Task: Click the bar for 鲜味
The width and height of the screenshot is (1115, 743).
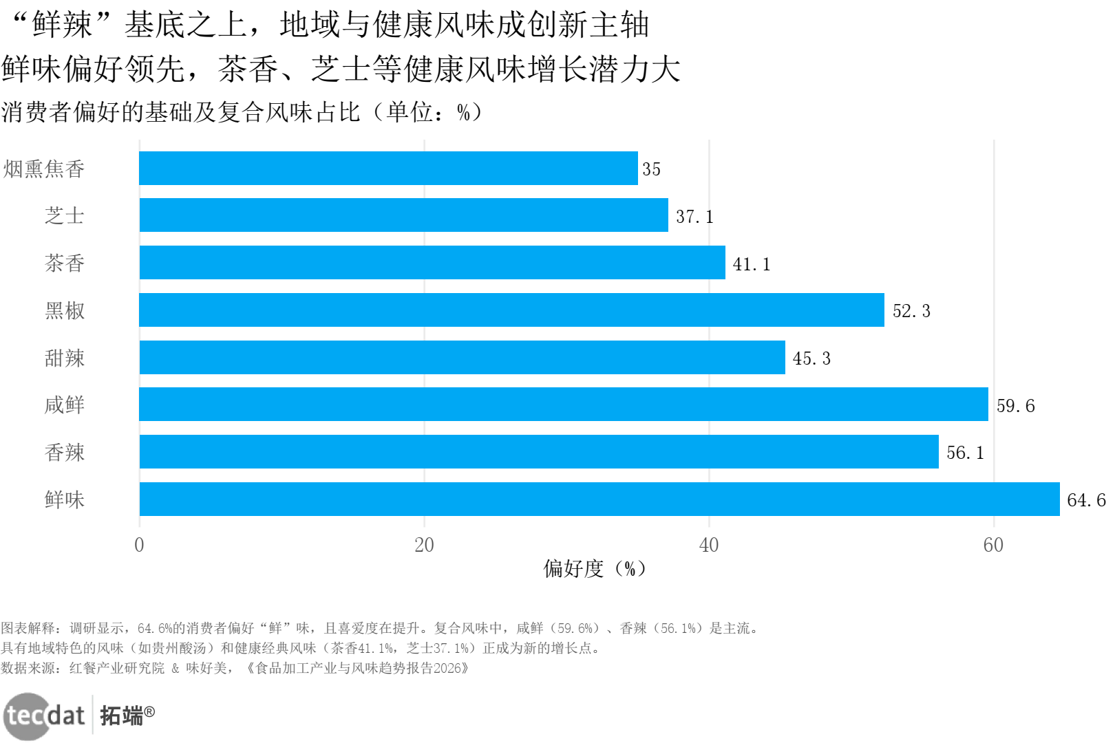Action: pyautogui.click(x=599, y=499)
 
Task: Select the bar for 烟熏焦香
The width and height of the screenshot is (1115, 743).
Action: pyautogui.click(x=388, y=169)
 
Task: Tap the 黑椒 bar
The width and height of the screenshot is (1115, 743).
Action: pyautogui.click(x=511, y=310)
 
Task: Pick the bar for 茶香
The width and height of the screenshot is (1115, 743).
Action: pyautogui.click(x=432, y=263)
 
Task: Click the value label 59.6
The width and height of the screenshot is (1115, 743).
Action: pyautogui.click(x=1015, y=406)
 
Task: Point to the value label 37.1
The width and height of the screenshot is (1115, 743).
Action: pyautogui.click(x=694, y=217)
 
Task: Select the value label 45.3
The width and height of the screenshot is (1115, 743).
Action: pyautogui.click(x=811, y=358)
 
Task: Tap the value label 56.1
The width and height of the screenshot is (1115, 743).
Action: pyautogui.click(x=965, y=453)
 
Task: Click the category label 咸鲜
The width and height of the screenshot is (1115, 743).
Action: pyautogui.click(x=65, y=405)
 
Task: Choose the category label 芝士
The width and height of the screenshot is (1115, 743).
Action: pyautogui.click(x=65, y=216)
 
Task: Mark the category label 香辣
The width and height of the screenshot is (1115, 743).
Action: pyautogui.click(x=65, y=453)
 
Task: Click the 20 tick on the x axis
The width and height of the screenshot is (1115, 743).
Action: pyautogui.click(x=424, y=546)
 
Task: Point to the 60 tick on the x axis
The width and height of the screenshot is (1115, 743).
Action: pyautogui.click(x=993, y=546)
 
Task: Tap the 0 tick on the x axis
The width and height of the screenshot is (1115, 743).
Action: pyautogui.click(x=140, y=546)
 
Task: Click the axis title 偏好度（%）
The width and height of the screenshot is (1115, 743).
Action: pyautogui.click(x=595, y=569)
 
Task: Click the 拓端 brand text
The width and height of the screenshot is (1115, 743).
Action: pyautogui.click(x=122, y=716)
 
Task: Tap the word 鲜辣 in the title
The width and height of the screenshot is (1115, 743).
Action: pyautogui.click(x=63, y=25)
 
